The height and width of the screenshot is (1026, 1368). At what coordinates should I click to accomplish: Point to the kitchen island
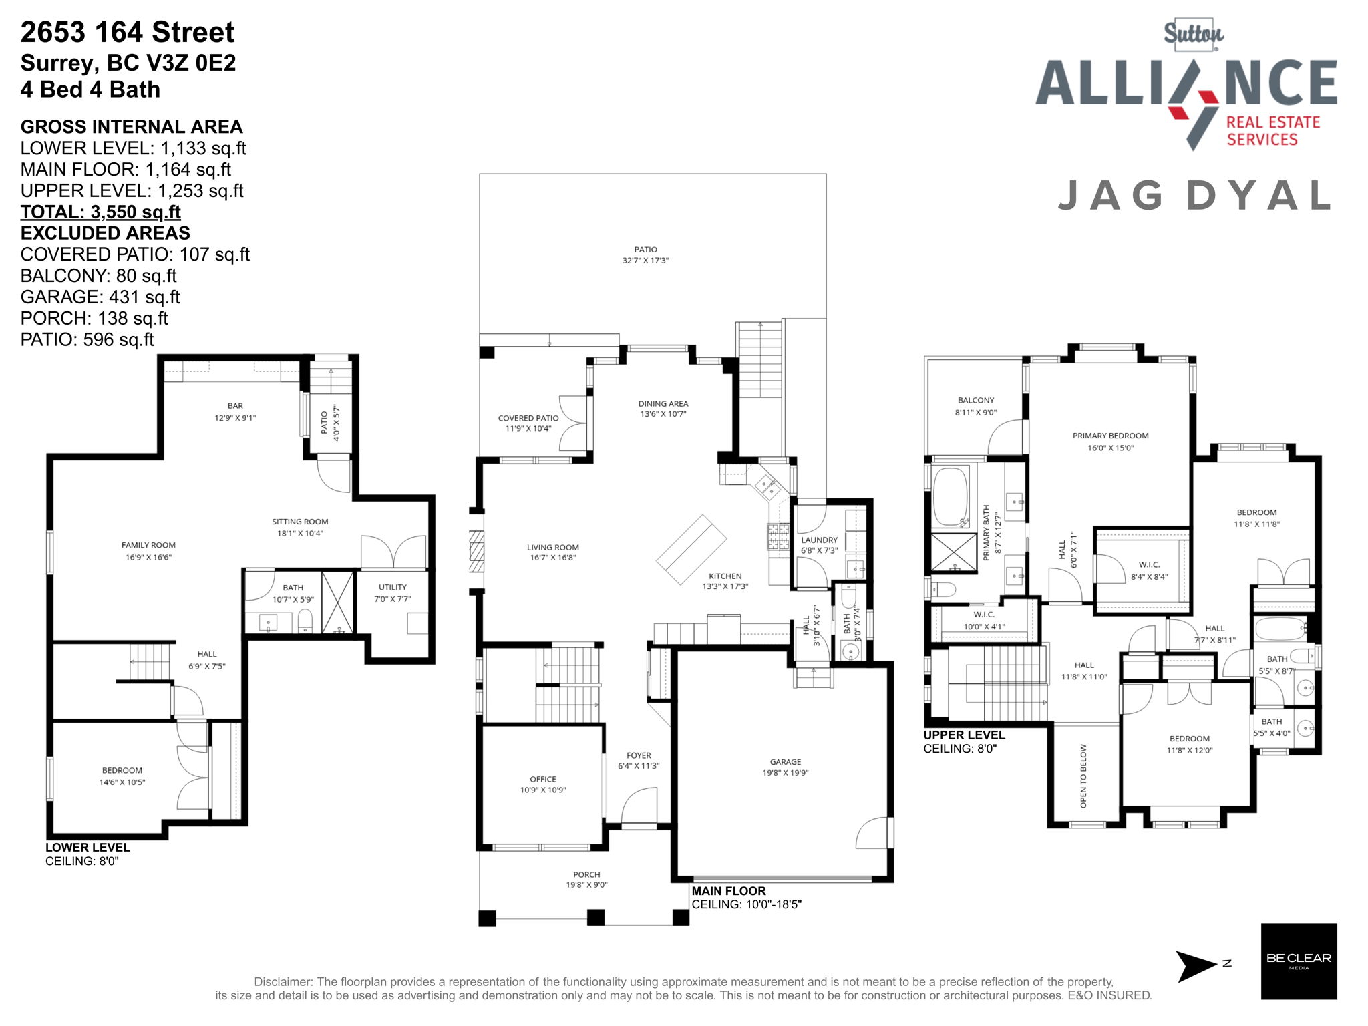pos(691,549)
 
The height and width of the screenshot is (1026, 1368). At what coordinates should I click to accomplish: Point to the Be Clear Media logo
pos(1299,961)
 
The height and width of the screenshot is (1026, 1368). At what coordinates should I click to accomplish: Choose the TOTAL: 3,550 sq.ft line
pos(101,212)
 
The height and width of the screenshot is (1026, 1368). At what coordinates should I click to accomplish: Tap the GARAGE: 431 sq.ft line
pos(100,297)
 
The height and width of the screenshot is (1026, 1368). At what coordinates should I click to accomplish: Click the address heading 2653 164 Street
pos(128,32)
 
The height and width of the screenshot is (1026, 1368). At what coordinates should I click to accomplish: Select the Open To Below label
pos(1083,776)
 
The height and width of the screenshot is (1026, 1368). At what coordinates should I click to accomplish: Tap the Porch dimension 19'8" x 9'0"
pos(586,885)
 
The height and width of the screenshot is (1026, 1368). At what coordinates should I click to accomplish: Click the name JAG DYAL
pos(1194,196)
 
